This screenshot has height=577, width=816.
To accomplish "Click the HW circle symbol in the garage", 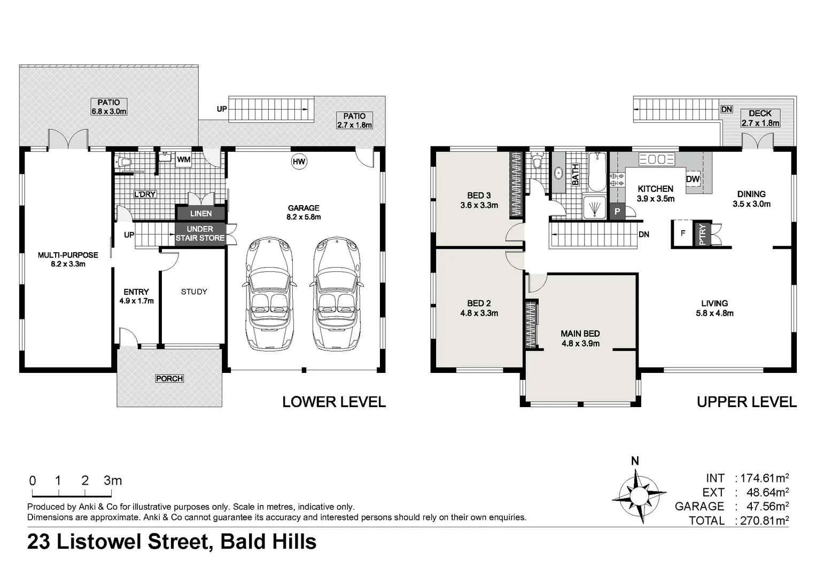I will tap(299, 161).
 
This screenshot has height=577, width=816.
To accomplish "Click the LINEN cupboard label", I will tap(201, 213).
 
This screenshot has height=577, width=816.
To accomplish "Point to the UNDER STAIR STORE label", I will tap(200, 233).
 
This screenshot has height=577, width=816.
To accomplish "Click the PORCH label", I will tap(169, 378).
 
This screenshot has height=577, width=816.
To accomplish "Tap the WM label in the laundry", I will tap(183, 159).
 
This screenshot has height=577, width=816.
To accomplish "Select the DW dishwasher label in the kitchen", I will tap(693, 179).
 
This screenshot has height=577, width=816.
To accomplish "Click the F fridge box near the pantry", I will tap(682, 233).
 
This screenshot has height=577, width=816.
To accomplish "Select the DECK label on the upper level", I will tap(760, 113).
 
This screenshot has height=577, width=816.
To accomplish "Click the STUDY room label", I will tap(193, 292).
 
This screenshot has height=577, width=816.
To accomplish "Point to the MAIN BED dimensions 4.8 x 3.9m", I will tap(580, 344).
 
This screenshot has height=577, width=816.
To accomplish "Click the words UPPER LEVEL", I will tap(746, 402).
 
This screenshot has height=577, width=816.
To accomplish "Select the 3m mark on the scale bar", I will tap(113, 481).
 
